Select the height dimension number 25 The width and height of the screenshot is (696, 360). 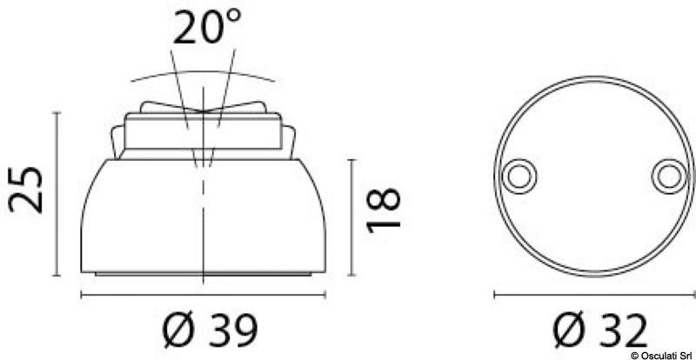click(x=26, y=190)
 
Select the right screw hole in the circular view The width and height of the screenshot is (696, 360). click(x=667, y=175)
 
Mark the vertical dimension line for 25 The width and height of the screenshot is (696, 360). click(x=57, y=190)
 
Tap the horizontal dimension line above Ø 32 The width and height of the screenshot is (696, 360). click(x=594, y=296)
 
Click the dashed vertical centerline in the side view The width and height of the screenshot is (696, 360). click(x=203, y=226)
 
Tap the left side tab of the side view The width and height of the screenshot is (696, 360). click(x=117, y=139)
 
